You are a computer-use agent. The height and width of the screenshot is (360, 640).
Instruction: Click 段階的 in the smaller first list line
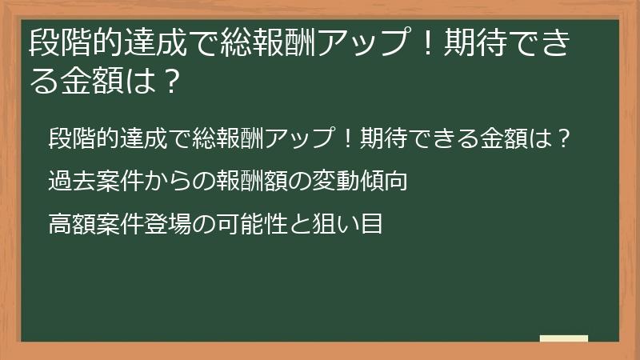click(79, 138)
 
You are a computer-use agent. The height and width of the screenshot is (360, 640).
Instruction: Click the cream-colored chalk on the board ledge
click(564, 338)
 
